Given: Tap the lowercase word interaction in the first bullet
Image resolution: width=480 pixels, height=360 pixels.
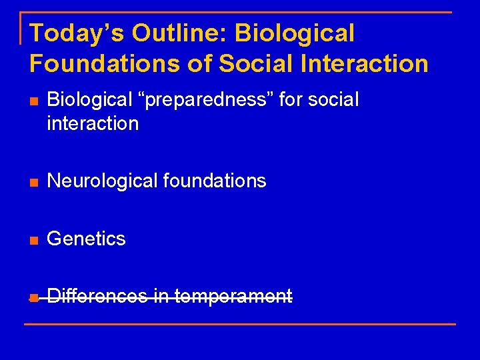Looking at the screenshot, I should pos(93,123).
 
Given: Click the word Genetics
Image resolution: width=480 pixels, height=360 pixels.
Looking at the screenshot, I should pos(86,239).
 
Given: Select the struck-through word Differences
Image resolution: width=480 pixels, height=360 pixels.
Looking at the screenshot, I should pos(97,296).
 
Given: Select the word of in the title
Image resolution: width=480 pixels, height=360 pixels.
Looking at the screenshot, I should pos(198,63).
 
